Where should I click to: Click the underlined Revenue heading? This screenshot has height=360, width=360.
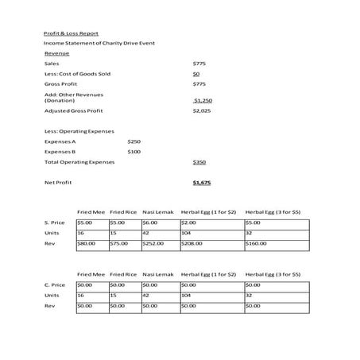(x=56, y=52)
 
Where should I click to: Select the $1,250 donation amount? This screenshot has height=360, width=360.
(x=203, y=101)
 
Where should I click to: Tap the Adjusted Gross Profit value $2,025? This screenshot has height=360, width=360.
(x=201, y=111)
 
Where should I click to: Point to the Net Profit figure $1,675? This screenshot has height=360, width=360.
(x=202, y=182)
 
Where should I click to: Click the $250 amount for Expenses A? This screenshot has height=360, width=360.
(x=134, y=141)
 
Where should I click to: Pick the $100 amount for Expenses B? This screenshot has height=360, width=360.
(x=134, y=151)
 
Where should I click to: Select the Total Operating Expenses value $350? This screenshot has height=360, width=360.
(x=199, y=161)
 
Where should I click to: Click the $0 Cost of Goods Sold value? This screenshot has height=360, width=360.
(x=196, y=73)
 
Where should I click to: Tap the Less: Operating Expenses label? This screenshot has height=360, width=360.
(x=79, y=130)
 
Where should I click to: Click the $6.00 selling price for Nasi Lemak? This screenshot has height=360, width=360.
(x=150, y=223)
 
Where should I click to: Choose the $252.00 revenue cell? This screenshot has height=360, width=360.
(x=153, y=244)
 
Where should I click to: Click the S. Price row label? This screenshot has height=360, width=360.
(x=55, y=223)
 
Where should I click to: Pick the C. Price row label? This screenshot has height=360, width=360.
(x=55, y=284)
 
